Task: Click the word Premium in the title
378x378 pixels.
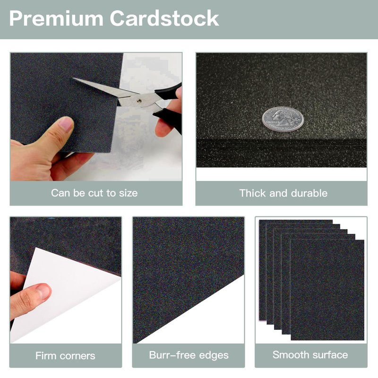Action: pyautogui.click(x=56, y=18)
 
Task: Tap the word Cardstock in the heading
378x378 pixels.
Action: pyautogui.click(x=164, y=18)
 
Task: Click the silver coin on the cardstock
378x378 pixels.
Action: pyautogui.click(x=283, y=119)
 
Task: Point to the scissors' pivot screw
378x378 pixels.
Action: pyautogui.click(x=138, y=101)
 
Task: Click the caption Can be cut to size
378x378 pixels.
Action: pyautogui.click(x=94, y=193)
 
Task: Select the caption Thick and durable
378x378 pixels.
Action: pyautogui.click(x=283, y=193)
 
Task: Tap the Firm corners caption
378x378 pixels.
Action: pyautogui.click(x=65, y=356)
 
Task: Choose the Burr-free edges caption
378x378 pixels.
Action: pyautogui.click(x=189, y=355)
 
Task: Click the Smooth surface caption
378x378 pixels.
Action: pyautogui.click(x=310, y=355)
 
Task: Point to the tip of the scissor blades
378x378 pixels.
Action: pyautogui.click(x=73, y=78)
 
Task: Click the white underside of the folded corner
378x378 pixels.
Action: pyautogui.click(x=65, y=294)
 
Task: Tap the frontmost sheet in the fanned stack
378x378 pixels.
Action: pyautogui.click(x=327, y=290)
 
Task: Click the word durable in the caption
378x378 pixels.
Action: pyautogui.click(x=309, y=193)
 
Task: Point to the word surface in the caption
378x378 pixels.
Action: pyautogui.click(x=329, y=355)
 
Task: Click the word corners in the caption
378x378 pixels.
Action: pyautogui.click(x=77, y=356)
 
